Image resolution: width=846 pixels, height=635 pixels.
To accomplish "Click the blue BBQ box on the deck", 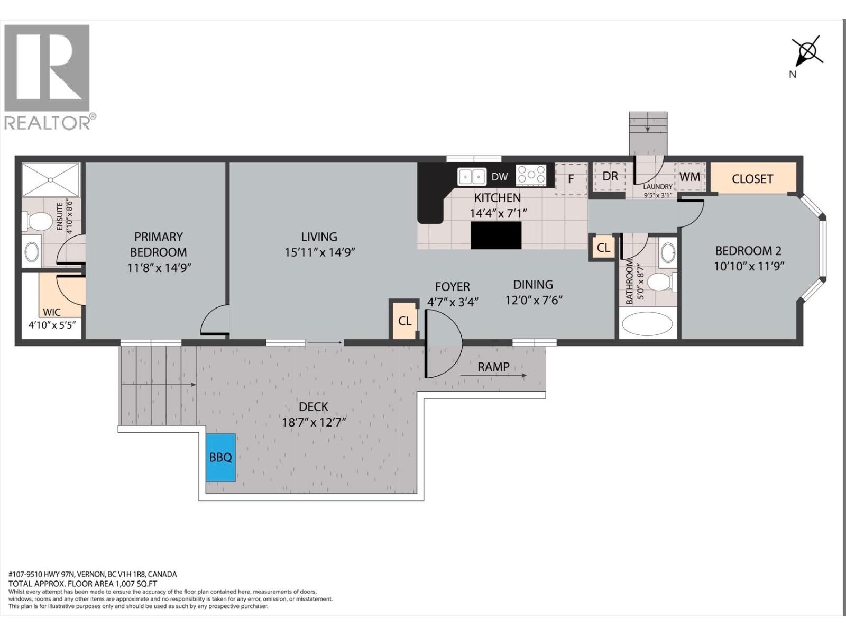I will point(220,457).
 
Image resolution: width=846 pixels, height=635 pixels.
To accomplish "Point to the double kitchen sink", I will point(472,176).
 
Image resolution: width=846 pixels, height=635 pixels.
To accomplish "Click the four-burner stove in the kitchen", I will point(531,175).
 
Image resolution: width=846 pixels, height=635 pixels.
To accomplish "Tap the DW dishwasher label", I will point(499,177).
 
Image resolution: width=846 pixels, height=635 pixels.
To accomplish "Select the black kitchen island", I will point(496,235).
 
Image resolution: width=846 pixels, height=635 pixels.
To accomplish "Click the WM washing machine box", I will point(689,176).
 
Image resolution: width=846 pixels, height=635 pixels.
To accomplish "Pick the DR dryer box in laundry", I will point(610,176).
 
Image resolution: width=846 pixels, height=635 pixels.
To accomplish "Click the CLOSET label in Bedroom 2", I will point(752,179).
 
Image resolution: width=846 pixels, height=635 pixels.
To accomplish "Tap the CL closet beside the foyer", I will point(404,321).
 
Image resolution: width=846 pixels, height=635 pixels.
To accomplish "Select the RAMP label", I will point(493,367).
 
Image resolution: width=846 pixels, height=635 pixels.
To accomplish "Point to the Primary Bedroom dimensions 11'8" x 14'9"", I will point(159,268).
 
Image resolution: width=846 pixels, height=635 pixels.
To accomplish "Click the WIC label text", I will point(52,312).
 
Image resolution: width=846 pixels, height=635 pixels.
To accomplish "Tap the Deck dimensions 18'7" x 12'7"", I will point(314,422).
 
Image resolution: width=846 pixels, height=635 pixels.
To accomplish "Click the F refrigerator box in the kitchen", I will point(571,179).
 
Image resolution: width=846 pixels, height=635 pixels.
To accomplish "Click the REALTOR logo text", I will point(48,123).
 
